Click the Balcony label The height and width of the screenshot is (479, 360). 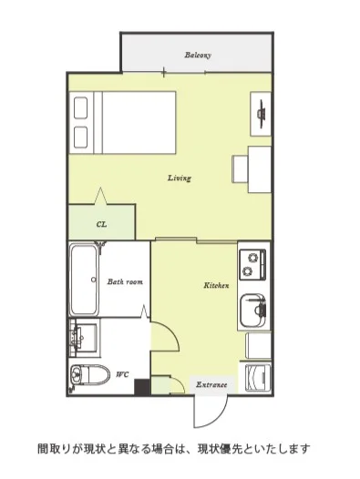coord(198,56)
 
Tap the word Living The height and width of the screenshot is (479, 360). coord(180,178)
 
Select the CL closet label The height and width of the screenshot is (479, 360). coord(101,225)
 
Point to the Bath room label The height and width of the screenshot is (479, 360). coord(125,281)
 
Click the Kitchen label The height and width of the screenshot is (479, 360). coord(216,286)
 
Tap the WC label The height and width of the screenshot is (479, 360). coord(122,374)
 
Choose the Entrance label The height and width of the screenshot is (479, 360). coord(211,384)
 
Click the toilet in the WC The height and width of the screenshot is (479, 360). coord(89,374)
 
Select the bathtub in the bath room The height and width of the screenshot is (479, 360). coord(84,280)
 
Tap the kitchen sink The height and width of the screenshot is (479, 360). coord(253,310)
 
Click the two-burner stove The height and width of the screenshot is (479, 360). coord(252,265)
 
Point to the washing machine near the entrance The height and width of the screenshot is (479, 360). coord(259,378)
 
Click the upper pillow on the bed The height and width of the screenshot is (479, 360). coord(81,107)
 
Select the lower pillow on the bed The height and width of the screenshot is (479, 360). coord(81,138)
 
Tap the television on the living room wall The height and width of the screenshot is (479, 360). coord(262,114)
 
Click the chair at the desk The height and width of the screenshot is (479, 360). coord(240,169)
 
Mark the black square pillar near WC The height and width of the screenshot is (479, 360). coord(142,387)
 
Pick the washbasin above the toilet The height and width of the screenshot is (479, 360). coord(84,338)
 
